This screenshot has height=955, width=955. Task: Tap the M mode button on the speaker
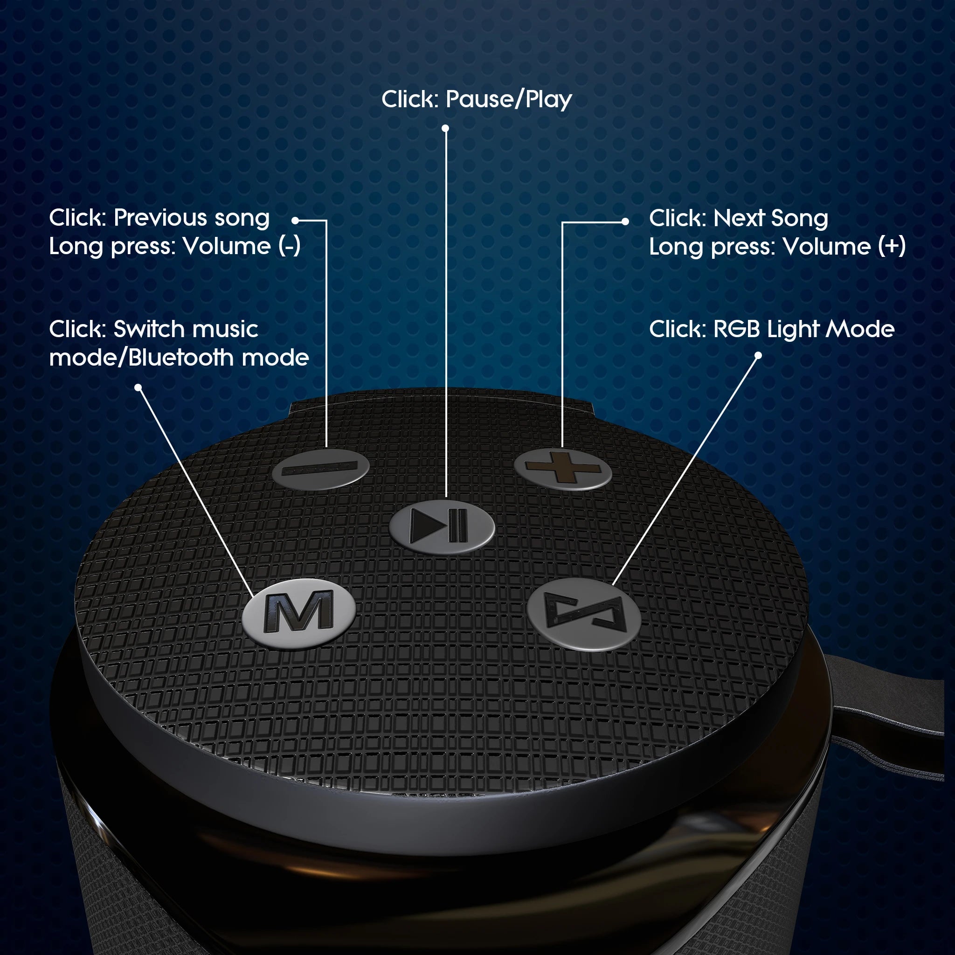pyautogui.click(x=298, y=614)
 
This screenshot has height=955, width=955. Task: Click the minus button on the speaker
pyautogui.click(x=320, y=468)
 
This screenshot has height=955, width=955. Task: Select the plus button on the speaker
pyautogui.click(x=562, y=469)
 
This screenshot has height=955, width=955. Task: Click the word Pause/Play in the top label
pyautogui.click(x=509, y=100)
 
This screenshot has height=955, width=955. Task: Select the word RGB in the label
pyautogui.click(x=736, y=329)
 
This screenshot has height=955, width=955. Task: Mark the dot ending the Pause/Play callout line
pyautogui.click(x=445, y=129)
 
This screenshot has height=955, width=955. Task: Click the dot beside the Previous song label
pyautogui.click(x=295, y=221)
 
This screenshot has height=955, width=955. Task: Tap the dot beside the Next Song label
pyautogui.click(x=625, y=222)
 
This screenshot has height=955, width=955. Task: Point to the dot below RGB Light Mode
pyautogui.click(x=758, y=355)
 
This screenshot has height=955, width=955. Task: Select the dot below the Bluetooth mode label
pyautogui.click(x=138, y=388)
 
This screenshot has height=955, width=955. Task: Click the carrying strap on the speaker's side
pyautogui.click(x=890, y=741)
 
